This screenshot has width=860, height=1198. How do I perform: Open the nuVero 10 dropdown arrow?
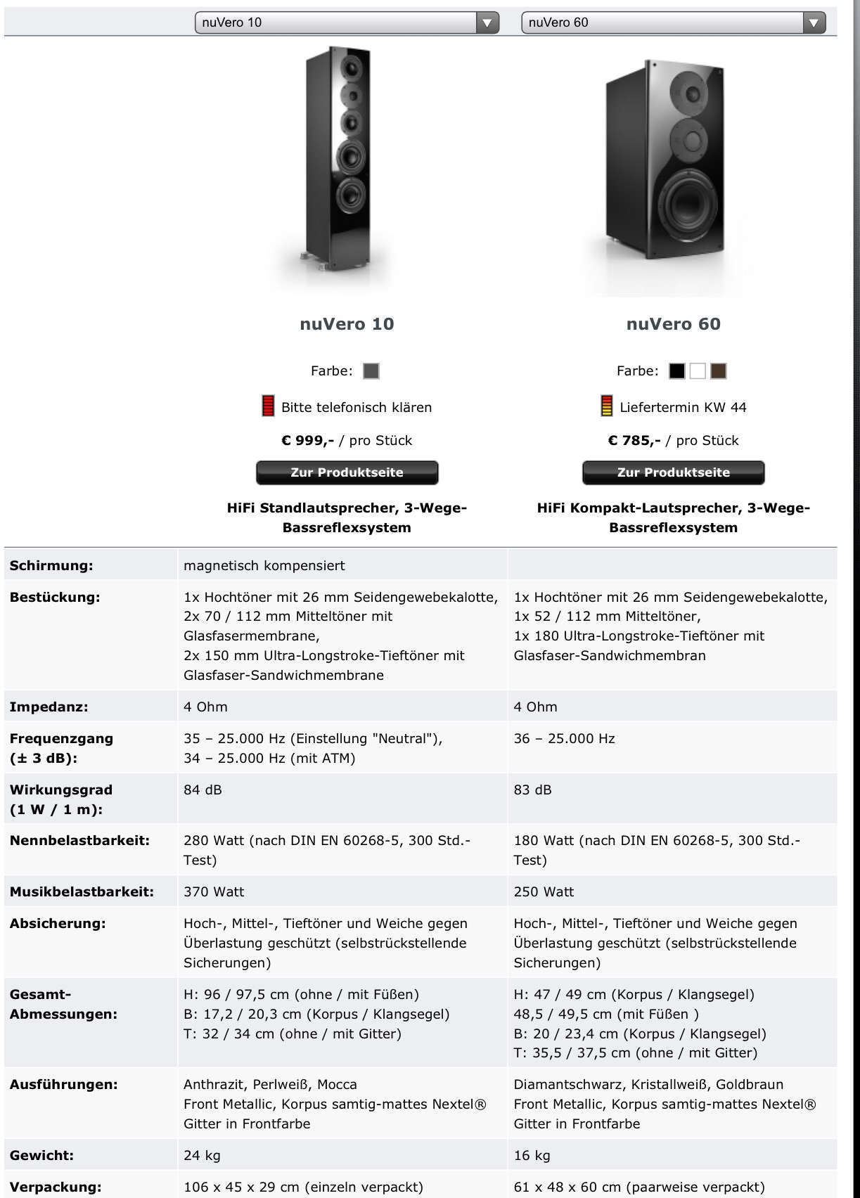point(487,22)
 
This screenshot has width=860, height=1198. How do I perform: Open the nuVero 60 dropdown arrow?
point(814,22)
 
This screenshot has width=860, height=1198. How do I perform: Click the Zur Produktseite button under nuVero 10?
point(347,472)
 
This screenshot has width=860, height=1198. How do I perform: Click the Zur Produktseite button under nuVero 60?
point(673,472)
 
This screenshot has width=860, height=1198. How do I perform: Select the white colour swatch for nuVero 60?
point(698,371)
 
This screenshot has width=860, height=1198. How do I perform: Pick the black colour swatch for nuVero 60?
point(676,371)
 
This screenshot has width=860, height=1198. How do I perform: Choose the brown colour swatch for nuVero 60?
point(718,371)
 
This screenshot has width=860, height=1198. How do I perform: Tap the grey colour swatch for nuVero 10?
point(371,371)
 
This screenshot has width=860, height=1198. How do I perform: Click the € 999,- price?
point(307,441)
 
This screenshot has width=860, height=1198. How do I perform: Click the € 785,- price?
point(634,441)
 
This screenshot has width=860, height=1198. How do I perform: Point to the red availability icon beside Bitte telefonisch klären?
point(268,406)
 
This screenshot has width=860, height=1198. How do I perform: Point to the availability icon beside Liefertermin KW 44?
point(606,406)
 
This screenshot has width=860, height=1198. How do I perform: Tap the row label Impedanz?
point(49,707)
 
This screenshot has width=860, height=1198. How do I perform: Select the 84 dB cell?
point(203,790)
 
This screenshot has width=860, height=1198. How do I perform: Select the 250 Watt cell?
point(544,891)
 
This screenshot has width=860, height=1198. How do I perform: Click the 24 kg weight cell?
point(202,1155)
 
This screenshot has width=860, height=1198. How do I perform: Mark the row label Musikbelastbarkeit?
point(82,891)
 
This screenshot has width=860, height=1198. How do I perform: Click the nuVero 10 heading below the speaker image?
point(347,324)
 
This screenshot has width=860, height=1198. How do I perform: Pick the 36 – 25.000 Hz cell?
point(564,738)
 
